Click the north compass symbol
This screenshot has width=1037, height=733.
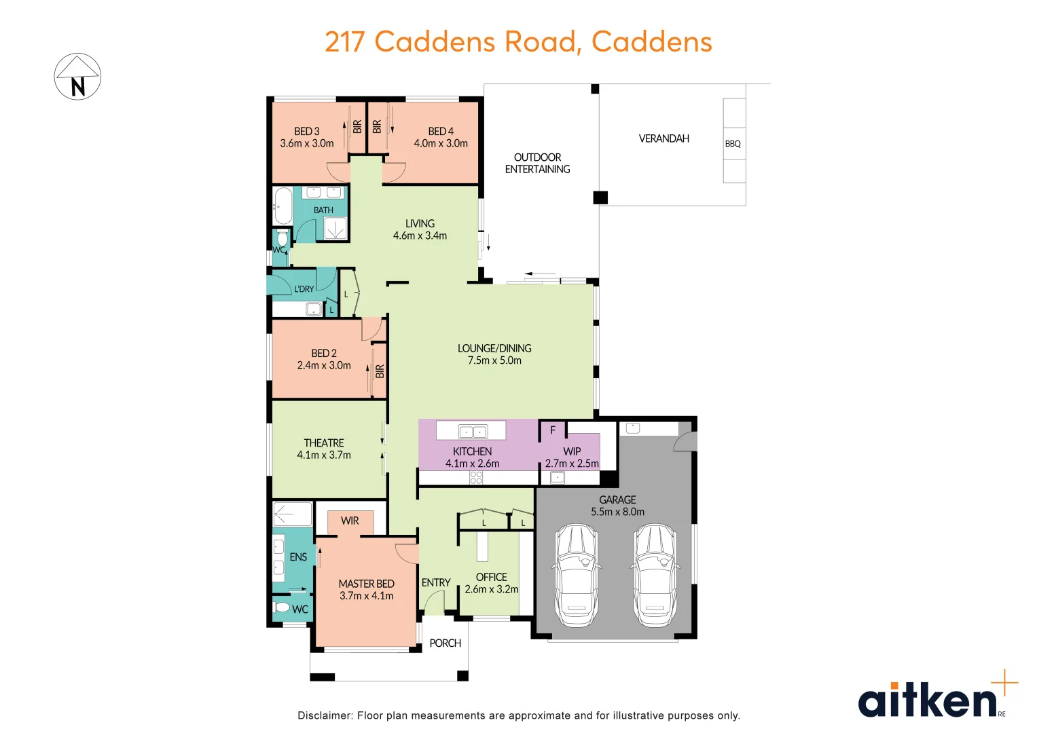(77, 77)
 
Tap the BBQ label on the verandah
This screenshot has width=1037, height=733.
(733, 144)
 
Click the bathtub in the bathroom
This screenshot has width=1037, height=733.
(283, 206)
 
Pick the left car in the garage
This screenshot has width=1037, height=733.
(577, 575)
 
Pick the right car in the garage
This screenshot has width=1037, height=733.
(655, 575)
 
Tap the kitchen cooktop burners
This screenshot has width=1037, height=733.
(476, 478)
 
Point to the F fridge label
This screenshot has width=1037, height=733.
(553, 430)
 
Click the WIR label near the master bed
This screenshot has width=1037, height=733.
(350, 521)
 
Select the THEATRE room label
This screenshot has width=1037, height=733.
(324, 443)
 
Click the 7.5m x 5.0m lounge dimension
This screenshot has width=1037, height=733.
(494, 361)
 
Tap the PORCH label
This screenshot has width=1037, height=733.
(445, 643)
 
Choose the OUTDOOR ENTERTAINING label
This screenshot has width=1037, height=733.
(537, 163)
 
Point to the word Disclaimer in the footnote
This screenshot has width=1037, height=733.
(325, 715)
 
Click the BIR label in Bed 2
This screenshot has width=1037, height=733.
(380, 371)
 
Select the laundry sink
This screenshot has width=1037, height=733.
(313, 309)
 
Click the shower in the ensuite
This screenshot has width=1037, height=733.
(292, 514)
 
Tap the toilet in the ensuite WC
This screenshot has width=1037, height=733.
(283, 607)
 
